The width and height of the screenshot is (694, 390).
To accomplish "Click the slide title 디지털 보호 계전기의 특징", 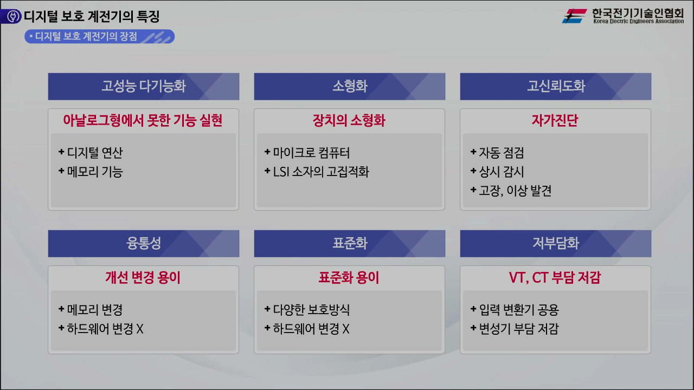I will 91,16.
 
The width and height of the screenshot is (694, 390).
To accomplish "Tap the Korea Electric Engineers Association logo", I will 622,16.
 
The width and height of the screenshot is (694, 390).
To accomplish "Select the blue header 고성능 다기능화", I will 143,87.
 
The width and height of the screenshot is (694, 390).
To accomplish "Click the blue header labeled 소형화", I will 349,87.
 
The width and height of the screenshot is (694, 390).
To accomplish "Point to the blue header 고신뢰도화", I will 555,87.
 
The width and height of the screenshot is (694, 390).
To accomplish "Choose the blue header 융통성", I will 143,244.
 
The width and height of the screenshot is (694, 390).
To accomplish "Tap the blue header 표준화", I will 349,244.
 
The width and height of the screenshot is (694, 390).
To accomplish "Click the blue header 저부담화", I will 555,244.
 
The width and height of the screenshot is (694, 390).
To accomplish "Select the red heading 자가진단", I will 555,120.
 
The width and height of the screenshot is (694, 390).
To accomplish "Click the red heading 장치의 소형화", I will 349,120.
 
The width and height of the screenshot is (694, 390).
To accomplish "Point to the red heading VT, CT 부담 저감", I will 555,277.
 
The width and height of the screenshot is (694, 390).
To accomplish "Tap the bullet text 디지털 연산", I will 95,153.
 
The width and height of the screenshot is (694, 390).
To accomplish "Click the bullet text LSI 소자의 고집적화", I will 321,172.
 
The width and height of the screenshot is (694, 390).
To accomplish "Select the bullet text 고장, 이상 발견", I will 515,191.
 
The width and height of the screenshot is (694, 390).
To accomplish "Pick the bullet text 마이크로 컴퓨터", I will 311,153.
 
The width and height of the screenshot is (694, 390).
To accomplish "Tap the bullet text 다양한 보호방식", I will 311,310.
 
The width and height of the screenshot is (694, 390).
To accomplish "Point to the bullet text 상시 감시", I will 501,172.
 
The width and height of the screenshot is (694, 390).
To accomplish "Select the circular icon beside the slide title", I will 11,16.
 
